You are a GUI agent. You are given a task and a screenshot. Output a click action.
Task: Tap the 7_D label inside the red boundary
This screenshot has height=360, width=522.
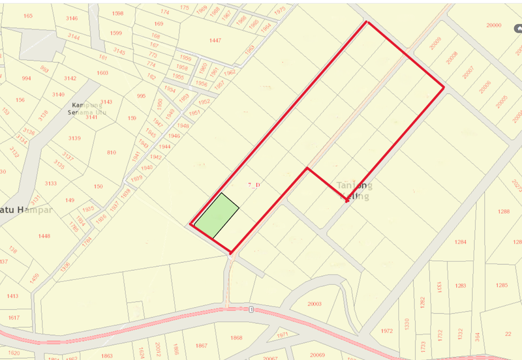click(254, 185)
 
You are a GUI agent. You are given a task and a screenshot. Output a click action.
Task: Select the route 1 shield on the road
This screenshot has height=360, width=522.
click(250, 309)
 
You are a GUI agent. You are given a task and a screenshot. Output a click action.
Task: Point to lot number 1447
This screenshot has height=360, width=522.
click(215, 40)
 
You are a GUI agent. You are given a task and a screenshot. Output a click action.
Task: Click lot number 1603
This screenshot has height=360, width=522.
click(102, 73)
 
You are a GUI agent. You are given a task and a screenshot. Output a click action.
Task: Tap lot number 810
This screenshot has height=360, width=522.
click(112, 153)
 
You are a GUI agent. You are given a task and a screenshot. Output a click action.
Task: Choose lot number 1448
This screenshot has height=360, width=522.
click(44, 235)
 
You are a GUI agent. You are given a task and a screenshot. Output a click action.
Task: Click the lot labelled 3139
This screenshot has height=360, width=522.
click(74, 138)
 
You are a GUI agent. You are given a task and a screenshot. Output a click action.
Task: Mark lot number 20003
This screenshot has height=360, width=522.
click(315, 304)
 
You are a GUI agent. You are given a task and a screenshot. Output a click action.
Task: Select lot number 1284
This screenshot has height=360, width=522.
click(461, 242)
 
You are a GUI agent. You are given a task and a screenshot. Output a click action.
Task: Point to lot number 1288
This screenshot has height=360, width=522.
click(503, 211)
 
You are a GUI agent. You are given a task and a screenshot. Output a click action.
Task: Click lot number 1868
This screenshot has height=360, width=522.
click(236, 338)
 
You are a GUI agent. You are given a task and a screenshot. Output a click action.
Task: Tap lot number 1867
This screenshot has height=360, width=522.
click(202, 345)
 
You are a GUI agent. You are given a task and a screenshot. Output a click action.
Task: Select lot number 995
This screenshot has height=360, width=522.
click(141, 96)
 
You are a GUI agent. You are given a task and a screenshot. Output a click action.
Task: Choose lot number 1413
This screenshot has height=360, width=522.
click(12, 296)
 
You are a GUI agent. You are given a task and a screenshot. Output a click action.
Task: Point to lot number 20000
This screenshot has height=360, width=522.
click(494, 25)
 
